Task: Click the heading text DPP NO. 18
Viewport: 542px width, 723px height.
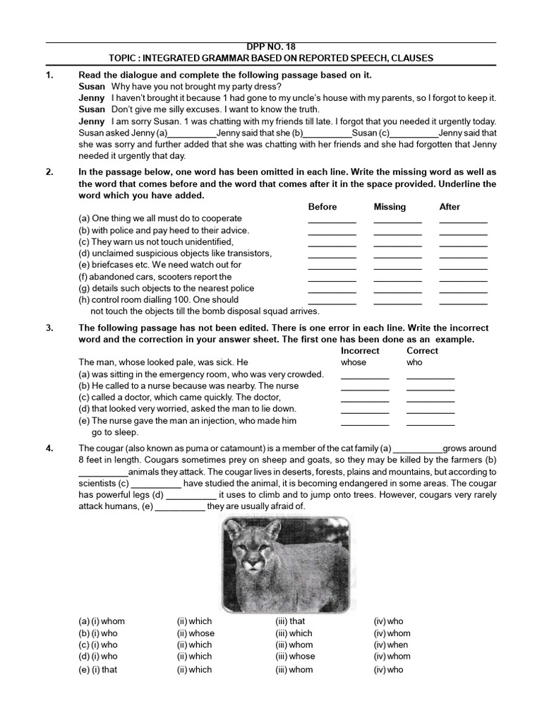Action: (x=271, y=47)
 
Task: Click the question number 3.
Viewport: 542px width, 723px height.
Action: (x=49, y=328)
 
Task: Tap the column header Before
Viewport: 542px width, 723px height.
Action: (x=323, y=207)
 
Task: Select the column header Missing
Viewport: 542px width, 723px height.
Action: (x=390, y=207)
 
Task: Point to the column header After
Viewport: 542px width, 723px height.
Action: (x=450, y=207)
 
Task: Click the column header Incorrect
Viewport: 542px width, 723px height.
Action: (x=360, y=351)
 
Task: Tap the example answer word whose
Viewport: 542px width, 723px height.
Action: (x=354, y=362)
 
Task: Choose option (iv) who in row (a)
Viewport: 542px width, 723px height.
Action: (x=389, y=621)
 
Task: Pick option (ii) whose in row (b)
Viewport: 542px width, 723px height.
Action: (x=195, y=633)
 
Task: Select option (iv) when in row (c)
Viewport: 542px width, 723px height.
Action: (x=391, y=645)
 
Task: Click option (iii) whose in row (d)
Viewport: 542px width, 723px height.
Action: (x=295, y=656)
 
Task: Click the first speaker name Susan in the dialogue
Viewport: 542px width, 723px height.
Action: (x=92, y=86)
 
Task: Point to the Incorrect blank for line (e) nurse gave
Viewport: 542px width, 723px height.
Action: (x=365, y=424)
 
